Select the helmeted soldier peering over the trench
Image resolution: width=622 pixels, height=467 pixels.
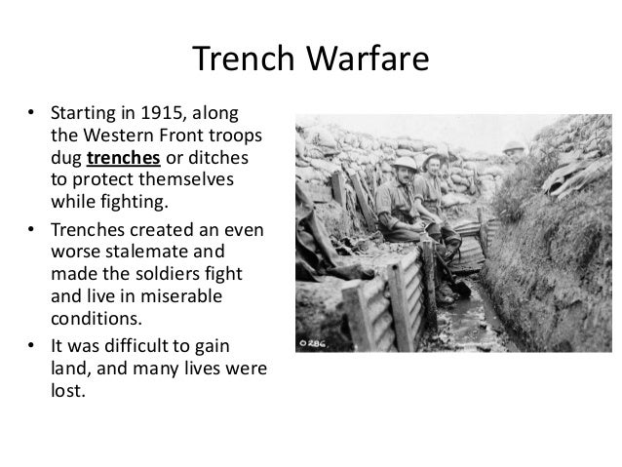click(x=514, y=152)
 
